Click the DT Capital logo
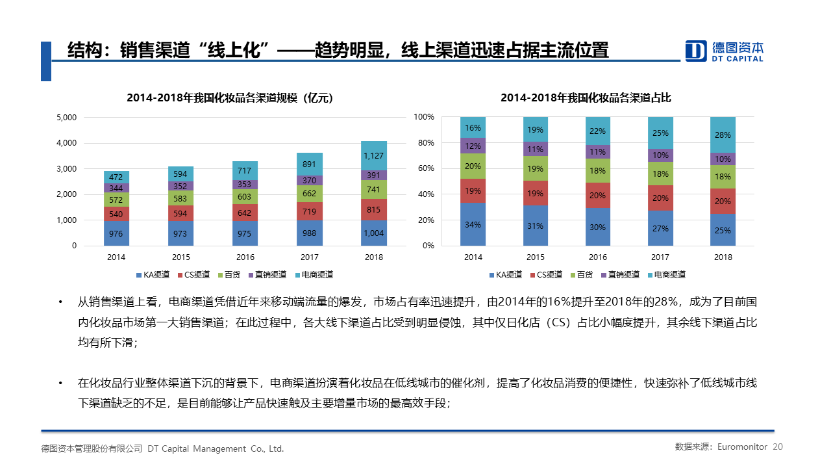point(725,51)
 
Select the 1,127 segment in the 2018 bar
point(374,155)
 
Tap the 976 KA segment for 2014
point(116,233)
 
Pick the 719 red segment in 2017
point(310,212)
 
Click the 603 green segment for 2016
point(245,197)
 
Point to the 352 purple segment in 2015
point(180,186)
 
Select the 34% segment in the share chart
point(473,224)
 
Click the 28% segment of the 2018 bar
point(723,135)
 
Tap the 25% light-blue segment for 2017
point(660,133)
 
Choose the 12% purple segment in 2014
point(473,146)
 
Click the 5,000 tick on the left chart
point(67,118)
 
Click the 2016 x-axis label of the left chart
point(245,257)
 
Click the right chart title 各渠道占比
point(586,98)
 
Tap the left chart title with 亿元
point(229,98)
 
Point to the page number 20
point(778,447)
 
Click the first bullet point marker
point(60,302)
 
